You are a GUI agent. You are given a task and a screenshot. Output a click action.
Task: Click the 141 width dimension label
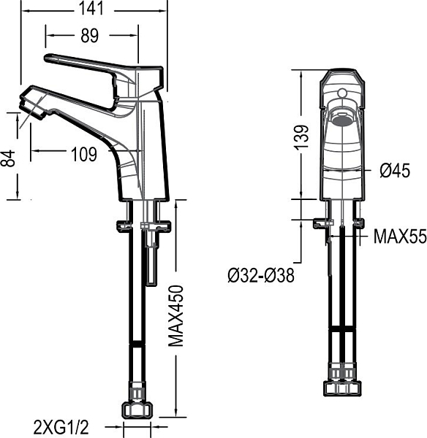click(91, 8)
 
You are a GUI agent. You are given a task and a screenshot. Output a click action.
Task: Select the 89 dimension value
click(89, 36)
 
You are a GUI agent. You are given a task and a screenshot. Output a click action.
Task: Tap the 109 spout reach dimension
click(84, 154)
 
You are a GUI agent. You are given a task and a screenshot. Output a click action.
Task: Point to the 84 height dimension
click(8, 158)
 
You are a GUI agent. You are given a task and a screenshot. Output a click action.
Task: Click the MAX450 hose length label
click(176, 315)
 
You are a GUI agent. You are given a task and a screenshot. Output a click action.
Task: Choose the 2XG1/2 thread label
click(61, 427)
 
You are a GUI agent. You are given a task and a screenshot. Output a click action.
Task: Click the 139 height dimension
click(302, 137)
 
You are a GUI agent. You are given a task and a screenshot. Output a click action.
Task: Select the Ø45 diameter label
click(395, 170)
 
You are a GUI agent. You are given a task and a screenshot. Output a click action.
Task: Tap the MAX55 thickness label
click(400, 237)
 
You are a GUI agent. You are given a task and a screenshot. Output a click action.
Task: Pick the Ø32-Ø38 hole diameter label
click(261, 275)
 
